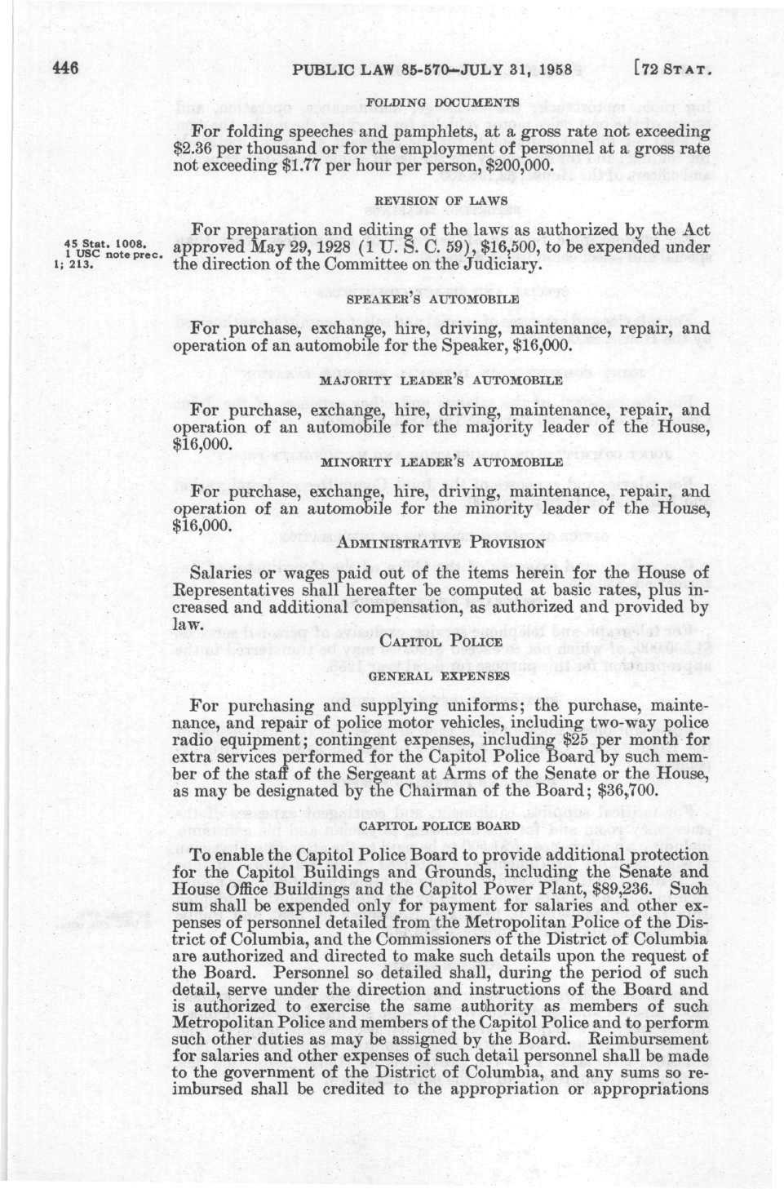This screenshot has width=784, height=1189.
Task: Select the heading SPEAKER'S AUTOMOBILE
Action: tap(433, 299)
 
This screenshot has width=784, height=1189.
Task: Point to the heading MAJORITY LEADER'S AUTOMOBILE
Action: tap(440, 380)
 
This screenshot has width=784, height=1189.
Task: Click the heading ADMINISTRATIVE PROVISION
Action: tap(441, 542)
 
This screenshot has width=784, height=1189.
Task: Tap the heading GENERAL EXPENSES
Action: tap(440, 675)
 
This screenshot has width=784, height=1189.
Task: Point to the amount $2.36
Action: tap(197, 148)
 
